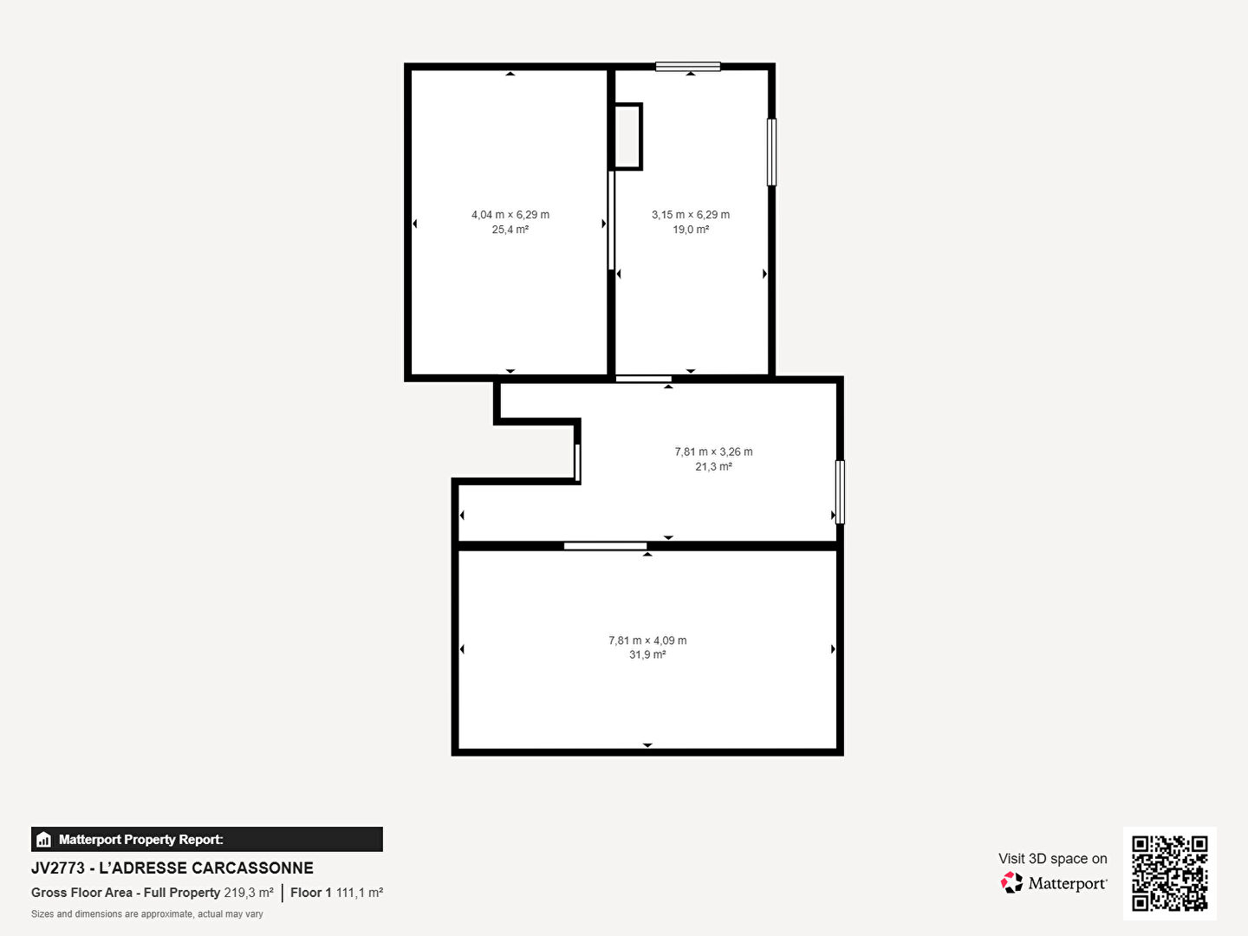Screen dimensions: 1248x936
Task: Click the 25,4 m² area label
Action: tap(510, 230)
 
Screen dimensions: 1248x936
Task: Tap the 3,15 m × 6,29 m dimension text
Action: tap(690, 215)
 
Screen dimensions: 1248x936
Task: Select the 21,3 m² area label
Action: tap(713, 466)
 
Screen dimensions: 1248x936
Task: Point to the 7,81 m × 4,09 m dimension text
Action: tap(647, 640)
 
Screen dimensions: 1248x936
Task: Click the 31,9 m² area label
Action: tap(647, 654)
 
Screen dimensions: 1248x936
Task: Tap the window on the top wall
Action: tap(688, 67)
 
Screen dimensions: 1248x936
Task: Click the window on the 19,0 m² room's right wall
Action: tap(771, 152)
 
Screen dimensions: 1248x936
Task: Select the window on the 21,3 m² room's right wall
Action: tap(840, 492)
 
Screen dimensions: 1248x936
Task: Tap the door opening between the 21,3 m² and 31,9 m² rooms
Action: tap(605, 546)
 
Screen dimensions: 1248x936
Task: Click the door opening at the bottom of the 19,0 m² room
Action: tap(644, 379)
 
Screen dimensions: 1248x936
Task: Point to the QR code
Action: tap(1169, 874)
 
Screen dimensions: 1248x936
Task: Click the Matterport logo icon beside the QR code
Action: tap(1011, 882)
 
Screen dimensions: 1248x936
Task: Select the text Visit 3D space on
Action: tap(1052, 859)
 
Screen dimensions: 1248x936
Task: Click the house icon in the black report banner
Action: tap(44, 840)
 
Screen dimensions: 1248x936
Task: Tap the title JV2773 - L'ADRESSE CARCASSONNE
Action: tap(172, 868)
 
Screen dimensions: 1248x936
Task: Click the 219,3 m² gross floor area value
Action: tap(249, 893)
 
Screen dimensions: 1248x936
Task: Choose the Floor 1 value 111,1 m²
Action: tap(360, 893)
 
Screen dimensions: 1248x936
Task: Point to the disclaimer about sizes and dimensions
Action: tap(147, 914)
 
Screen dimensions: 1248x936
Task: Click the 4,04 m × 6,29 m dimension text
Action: tap(510, 215)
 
